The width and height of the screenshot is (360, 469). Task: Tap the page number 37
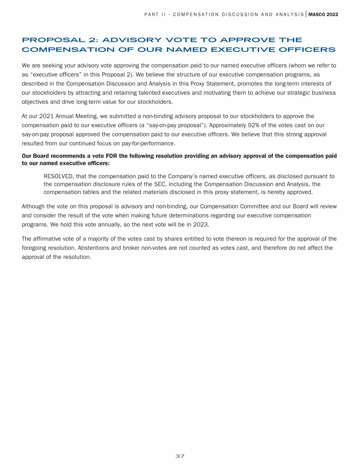180,456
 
